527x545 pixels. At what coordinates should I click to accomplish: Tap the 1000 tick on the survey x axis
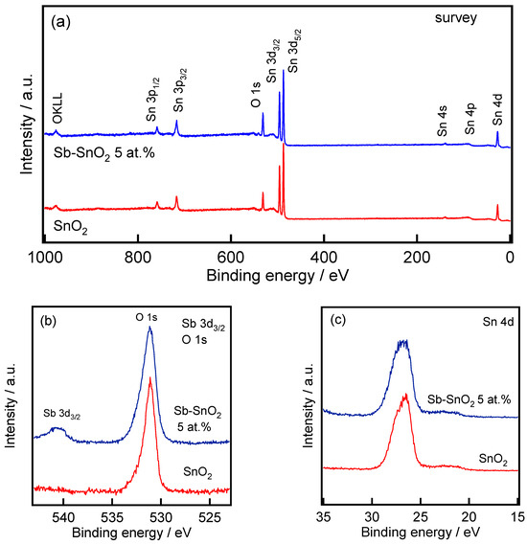[44, 258]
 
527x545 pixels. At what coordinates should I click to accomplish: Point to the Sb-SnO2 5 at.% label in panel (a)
[99, 152]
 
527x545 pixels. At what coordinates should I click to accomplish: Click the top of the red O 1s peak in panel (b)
[149, 377]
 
